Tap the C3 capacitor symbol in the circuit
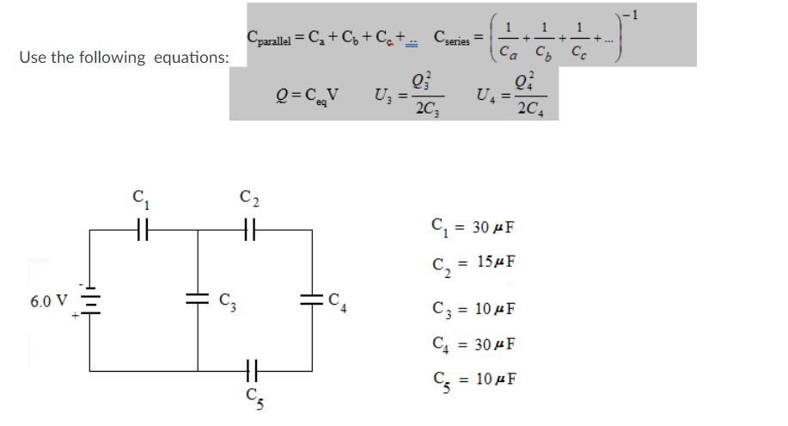(199, 299)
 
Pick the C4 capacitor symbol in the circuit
(310, 299)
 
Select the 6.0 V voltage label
(48, 301)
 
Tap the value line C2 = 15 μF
(473, 262)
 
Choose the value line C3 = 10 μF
(473, 308)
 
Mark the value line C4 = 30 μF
(473, 344)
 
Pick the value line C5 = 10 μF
(473, 380)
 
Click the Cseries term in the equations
(452, 38)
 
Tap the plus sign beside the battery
(76, 317)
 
